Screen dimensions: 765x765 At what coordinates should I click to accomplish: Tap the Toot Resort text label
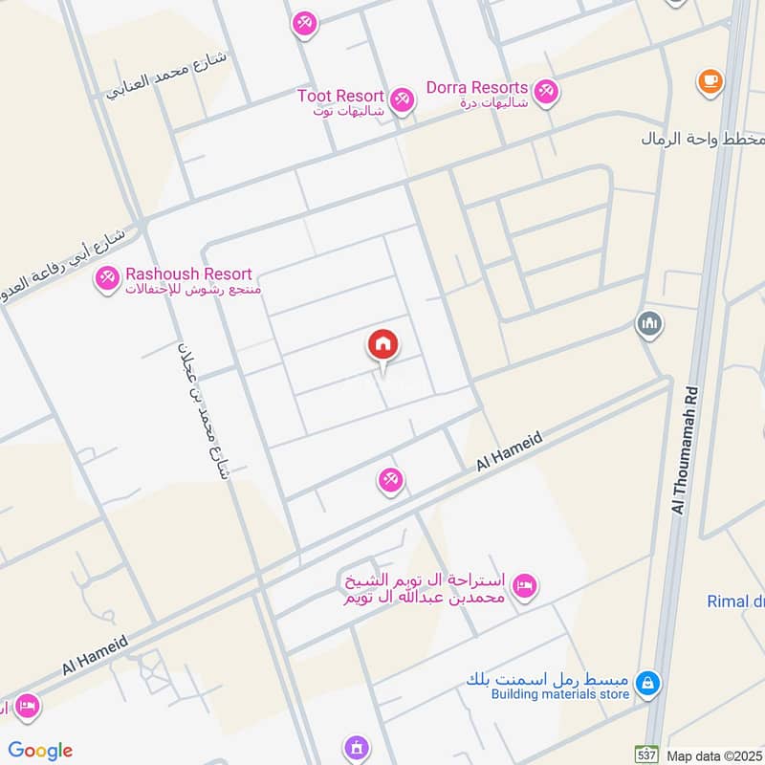(339, 97)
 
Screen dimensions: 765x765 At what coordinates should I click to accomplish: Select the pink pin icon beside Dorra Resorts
(546, 92)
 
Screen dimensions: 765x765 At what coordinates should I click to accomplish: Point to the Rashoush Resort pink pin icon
(106, 278)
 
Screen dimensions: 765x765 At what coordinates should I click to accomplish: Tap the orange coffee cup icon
(709, 80)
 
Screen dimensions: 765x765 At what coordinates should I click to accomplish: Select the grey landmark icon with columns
(649, 324)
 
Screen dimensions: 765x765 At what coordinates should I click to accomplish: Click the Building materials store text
(560, 694)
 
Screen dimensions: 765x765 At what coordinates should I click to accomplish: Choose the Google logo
(40, 751)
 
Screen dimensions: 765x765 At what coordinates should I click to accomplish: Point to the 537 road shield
(648, 754)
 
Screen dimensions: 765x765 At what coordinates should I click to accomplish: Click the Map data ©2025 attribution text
(714, 755)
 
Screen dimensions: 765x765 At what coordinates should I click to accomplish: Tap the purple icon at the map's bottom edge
(356, 747)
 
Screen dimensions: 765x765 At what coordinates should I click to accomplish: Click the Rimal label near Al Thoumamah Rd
(734, 601)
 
